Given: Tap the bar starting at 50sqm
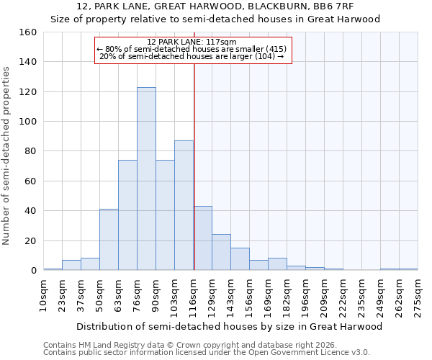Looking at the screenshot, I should tap(109, 240).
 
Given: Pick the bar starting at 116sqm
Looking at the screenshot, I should tap(202, 238).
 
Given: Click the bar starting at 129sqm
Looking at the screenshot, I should tap(221, 252).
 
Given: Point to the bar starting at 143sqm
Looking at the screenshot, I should tap(240, 259).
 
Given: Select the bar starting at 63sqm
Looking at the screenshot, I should tap(127, 215).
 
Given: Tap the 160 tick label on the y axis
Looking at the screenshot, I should tap(27, 32).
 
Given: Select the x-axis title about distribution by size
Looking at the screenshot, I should tap(229, 326).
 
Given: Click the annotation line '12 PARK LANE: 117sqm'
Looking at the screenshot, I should tap(192, 42).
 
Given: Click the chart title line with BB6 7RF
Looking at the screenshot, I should tap(215, 6).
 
